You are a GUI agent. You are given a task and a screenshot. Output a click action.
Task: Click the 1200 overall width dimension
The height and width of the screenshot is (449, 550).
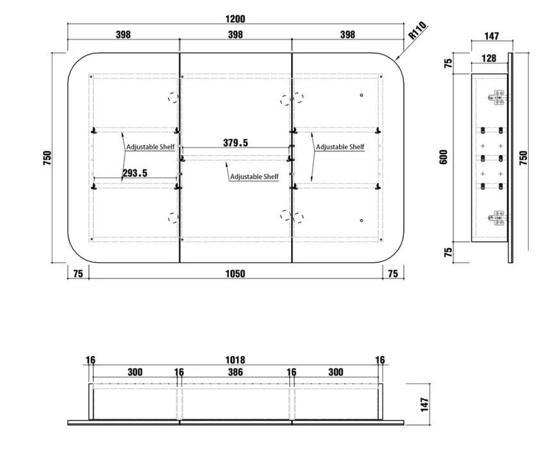(x=235, y=19)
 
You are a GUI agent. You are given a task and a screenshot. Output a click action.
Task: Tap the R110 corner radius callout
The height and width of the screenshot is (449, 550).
(x=418, y=30)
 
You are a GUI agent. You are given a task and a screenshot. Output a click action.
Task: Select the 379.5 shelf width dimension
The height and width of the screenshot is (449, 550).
(x=235, y=143)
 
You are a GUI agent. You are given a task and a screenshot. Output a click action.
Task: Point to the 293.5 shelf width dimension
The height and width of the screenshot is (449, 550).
(x=135, y=173)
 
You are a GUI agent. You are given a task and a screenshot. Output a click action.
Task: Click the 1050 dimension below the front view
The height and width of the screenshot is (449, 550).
(x=235, y=273)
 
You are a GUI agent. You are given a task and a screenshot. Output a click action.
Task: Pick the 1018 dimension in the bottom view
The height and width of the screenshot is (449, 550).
(x=235, y=360)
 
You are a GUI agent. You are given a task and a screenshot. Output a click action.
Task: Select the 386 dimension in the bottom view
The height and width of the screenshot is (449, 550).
(x=235, y=372)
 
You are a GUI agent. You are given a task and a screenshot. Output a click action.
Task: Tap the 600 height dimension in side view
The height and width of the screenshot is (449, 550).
(x=444, y=157)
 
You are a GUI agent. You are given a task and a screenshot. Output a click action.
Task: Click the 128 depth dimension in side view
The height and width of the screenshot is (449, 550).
(x=489, y=58)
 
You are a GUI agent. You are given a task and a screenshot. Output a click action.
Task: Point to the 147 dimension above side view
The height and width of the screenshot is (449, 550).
(x=492, y=36)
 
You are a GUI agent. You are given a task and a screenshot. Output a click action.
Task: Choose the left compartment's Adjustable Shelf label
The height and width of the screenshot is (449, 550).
(x=151, y=147)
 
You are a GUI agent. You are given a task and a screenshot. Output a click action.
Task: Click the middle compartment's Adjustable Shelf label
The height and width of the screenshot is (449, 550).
(x=254, y=176)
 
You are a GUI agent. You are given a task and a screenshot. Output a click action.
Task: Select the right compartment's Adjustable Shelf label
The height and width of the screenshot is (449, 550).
(x=340, y=147)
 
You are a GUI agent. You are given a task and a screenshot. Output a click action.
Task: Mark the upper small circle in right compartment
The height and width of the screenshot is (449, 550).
(x=362, y=95)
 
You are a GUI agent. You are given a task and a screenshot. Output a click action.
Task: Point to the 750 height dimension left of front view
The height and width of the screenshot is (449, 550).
(x=47, y=158)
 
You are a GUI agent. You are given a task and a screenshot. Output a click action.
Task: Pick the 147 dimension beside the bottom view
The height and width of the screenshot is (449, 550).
(x=424, y=405)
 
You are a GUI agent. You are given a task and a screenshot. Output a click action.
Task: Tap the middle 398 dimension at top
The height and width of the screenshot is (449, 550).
(x=235, y=35)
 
